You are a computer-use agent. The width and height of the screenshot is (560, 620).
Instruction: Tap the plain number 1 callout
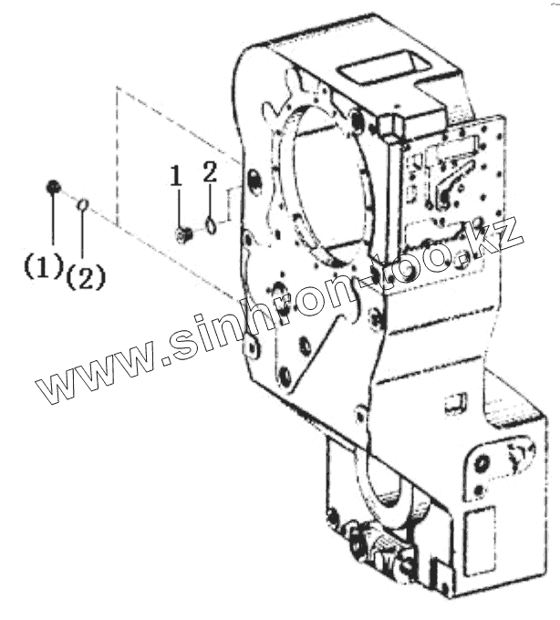tap(177, 175)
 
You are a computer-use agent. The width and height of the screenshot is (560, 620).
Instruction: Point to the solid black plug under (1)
tap(53, 188)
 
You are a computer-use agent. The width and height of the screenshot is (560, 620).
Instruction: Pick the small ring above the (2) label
tap(83, 205)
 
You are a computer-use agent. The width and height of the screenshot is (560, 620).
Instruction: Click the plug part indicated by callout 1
tap(181, 235)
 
